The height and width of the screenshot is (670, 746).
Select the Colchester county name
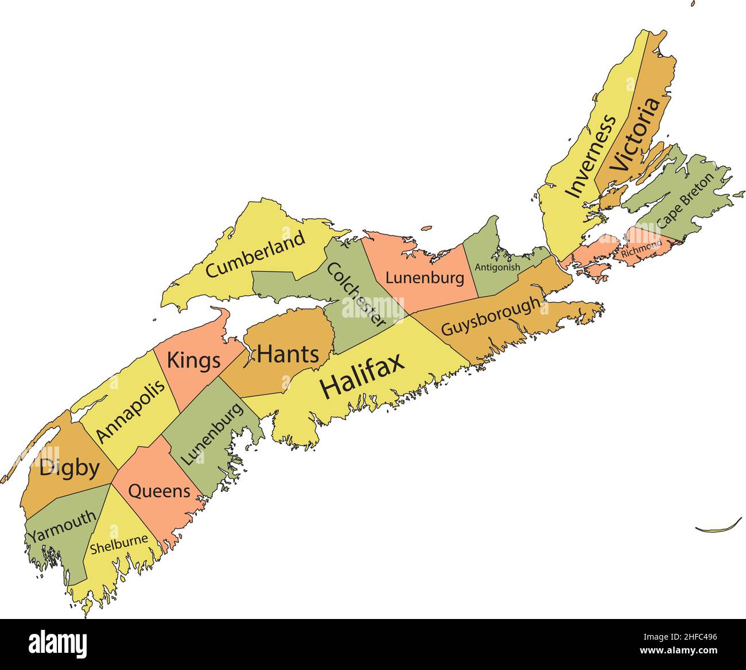(x=356, y=295)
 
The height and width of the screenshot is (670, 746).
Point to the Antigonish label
(x=498, y=267)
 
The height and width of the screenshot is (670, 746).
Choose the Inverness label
(x=590, y=156)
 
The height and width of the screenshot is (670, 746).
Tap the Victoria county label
(x=634, y=134)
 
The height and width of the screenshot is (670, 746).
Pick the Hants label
(x=287, y=354)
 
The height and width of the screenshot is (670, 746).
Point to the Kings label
(x=193, y=361)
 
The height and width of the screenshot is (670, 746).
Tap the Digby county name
(x=69, y=468)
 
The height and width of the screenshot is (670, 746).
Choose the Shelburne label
(x=119, y=544)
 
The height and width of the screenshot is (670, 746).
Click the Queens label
(x=159, y=491)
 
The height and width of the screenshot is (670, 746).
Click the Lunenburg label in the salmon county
(x=424, y=279)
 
